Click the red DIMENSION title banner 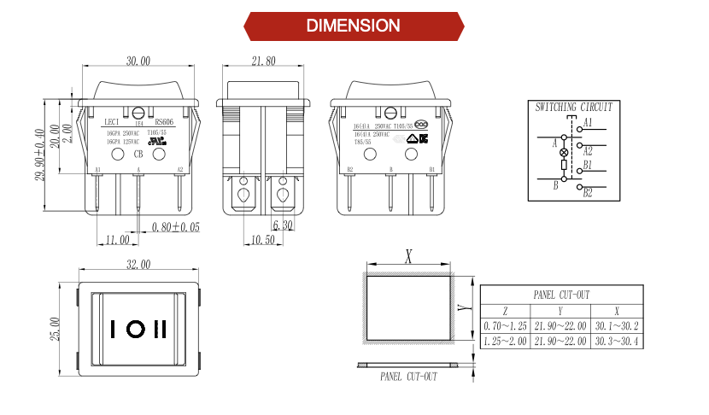coord(354,26)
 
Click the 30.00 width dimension coord(138,61)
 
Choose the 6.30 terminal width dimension coord(283,226)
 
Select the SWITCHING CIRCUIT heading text coord(573,108)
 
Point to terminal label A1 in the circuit coord(588,124)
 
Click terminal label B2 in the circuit coord(588,194)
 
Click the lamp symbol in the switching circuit coord(563,150)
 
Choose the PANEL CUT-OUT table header coord(561,295)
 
